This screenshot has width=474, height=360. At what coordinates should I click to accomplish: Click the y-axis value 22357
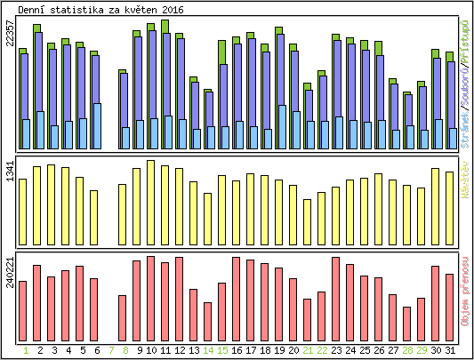(10, 39)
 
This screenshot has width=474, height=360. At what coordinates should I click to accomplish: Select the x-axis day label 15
(222, 351)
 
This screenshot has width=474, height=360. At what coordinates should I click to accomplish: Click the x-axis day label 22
(322, 351)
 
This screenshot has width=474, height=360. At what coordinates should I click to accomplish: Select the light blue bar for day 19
(281, 127)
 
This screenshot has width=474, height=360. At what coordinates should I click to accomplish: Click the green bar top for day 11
(165, 25)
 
